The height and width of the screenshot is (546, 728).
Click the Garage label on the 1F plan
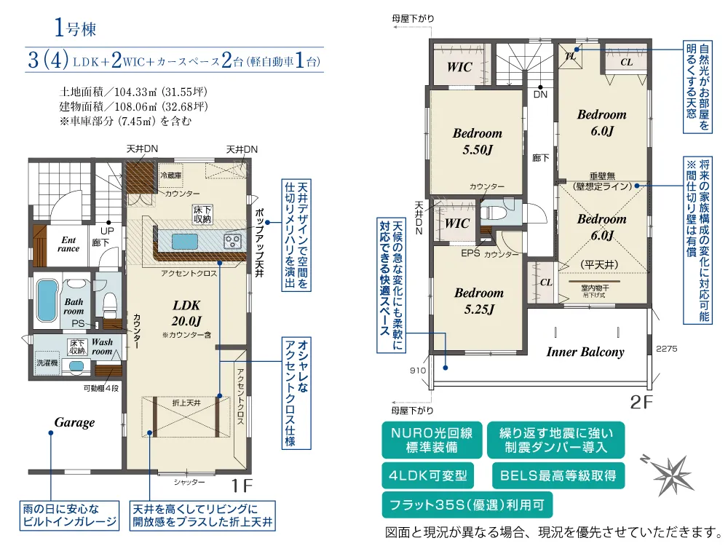pos(74,422)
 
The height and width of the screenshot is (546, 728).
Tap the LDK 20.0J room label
pos(186,313)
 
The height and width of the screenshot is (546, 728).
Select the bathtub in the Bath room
pos(47,301)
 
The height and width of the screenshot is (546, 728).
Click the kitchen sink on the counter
pos(185,242)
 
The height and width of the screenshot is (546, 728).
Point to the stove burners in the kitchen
pos(233,242)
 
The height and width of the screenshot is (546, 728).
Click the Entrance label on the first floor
pos(68,244)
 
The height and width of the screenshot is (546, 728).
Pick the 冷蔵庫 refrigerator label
pos(171,175)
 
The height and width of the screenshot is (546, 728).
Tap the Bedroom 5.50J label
pos(478,141)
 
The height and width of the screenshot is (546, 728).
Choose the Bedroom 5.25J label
pos(479,301)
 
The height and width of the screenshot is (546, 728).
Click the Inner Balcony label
pos(585,352)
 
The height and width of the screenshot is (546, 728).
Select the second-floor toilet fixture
pos(491,213)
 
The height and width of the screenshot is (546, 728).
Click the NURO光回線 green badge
pos(432,440)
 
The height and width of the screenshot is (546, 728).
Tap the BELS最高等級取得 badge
pos(558,475)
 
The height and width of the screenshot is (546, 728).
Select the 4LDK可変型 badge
pos(427,475)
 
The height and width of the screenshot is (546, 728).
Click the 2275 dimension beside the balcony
pos(667,349)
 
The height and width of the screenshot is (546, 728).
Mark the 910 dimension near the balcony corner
pos(417,371)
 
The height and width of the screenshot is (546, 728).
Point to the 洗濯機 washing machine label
pos(47,363)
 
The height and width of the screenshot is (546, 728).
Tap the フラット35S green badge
pos(467,505)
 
